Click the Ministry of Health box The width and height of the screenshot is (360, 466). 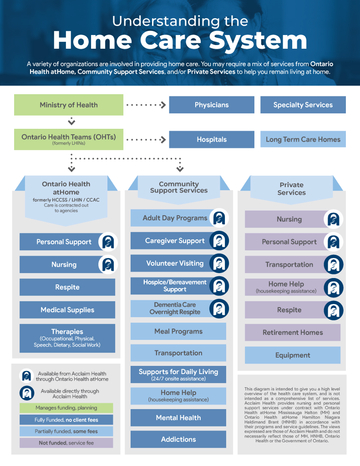tap(69, 105)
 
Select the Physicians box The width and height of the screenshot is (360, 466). tap(212, 105)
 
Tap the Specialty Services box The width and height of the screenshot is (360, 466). tap(303, 105)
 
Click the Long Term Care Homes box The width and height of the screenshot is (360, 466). tap(303, 139)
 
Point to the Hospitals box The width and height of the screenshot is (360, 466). tap(212, 139)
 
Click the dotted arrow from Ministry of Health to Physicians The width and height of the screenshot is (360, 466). tap(146, 105)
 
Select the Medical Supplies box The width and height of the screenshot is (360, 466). tap(67, 310)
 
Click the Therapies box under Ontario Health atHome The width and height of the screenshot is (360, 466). tap(67, 338)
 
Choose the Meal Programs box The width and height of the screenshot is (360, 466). tap(178, 331)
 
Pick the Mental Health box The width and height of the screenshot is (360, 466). tap(178, 417)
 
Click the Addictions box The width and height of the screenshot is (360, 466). tap(178, 439)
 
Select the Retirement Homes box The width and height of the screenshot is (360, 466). tap(293, 333)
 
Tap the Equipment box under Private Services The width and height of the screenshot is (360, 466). tap(293, 355)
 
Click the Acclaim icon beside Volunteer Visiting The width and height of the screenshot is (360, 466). tap(219, 263)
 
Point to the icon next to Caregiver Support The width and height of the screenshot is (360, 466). tap(219, 241)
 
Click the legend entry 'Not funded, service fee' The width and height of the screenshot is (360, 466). tap(66, 443)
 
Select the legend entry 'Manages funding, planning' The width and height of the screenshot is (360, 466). tap(66, 408)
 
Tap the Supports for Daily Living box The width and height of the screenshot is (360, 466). tap(178, 375)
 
